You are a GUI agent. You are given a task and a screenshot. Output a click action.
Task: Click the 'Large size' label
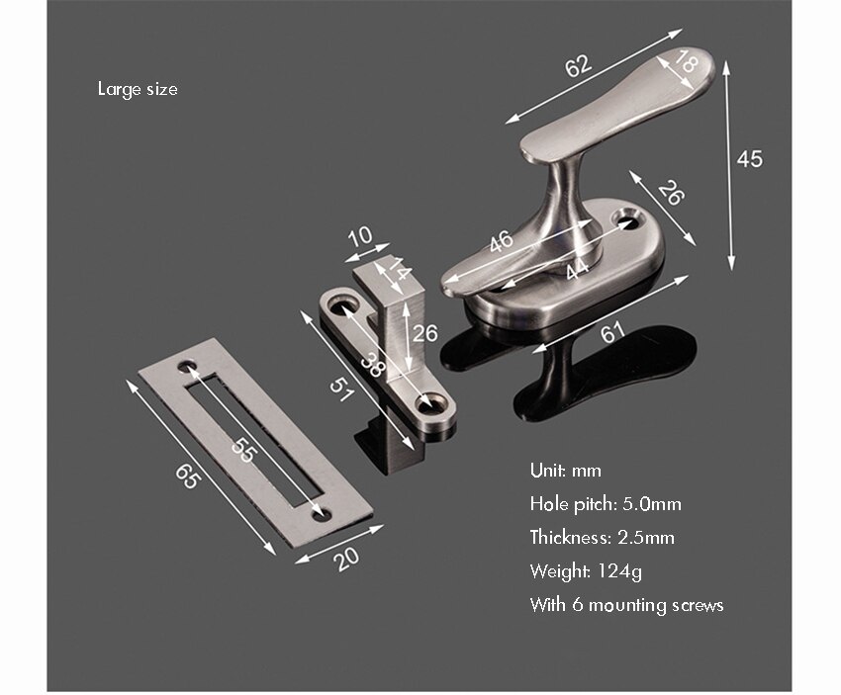pyautogui.click(x=138, y=89)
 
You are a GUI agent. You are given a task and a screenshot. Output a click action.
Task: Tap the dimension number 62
pyautogui.click(x=578, y=65)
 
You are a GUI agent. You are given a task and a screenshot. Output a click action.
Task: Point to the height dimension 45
pyautogui.click(x=750, y=158)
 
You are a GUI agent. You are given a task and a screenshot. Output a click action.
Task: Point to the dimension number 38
pyautogui.click(x=372, y=364)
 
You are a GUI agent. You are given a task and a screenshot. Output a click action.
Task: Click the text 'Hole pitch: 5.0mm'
pyautogui.click(x=606, y=504)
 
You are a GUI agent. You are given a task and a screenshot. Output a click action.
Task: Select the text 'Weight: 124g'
pyautogui.click(x=586, y=571)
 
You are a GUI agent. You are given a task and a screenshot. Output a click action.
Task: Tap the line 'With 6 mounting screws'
pyautogui.click(x=626, y=605)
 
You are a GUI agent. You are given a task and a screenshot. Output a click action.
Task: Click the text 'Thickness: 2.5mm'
pyautogui.click(x=602, y=538)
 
